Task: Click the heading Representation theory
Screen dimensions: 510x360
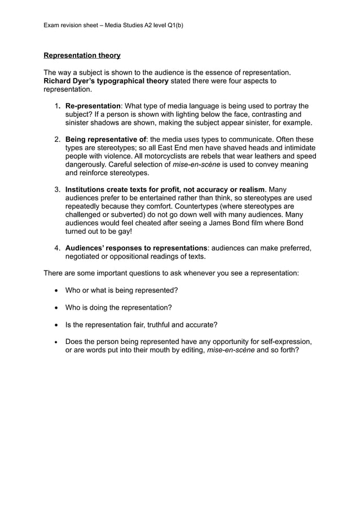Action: pos(82,55)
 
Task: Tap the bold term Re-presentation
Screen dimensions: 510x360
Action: pos(93,106)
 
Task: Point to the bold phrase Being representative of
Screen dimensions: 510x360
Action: pos(106,139)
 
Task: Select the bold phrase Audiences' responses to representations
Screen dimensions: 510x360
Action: pos(136,248)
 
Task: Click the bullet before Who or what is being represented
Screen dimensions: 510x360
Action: pos(57,290)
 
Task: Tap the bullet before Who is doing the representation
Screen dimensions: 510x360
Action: pos(57,307)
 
